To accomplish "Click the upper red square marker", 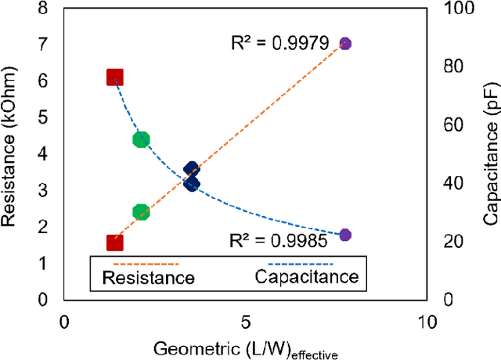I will pos(115,77).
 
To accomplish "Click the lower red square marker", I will pos(115,243).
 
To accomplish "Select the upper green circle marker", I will pos(141,139).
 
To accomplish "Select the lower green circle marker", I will pos(141,211).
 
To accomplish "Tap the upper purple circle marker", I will pos(345,44).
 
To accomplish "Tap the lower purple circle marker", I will pos(345,235).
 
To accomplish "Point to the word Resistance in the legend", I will pos(149,277).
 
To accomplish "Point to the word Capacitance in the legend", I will pos(306,276).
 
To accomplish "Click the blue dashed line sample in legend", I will pos(303,264).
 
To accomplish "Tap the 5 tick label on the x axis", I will pos(245,322).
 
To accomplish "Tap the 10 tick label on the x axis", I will pos(426,322).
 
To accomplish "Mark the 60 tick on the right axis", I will pos(449,124).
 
